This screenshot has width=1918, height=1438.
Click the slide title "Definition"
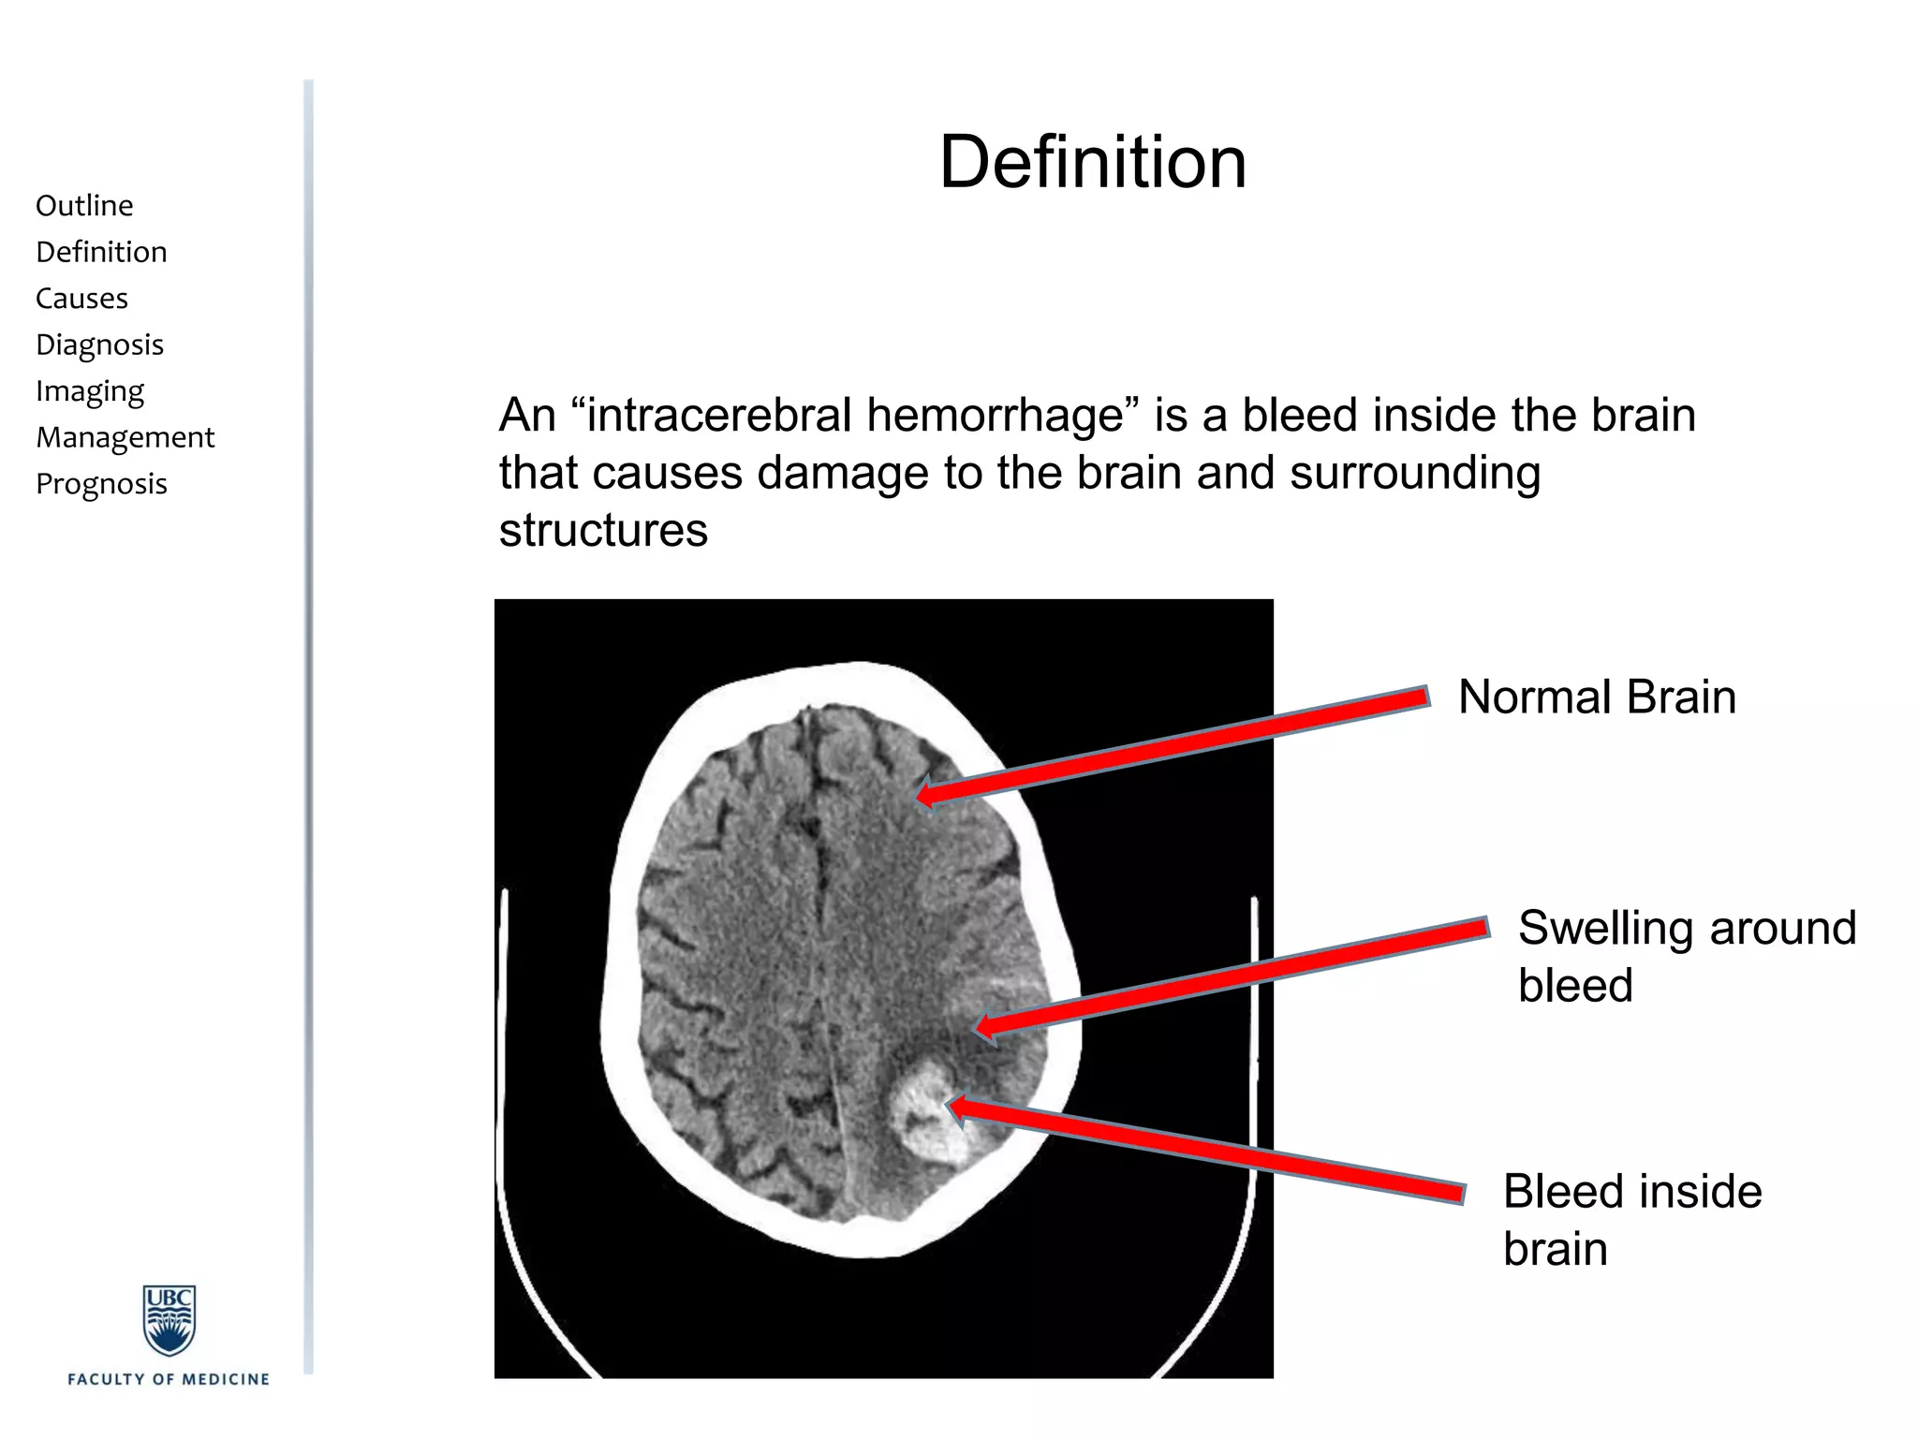click(x=1093, y=163)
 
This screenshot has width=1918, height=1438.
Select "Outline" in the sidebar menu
click(x=84, y=206)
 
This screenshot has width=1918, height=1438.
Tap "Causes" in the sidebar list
click(x=81, y=299)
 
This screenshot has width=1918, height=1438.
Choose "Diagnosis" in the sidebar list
click(x=99, y=345)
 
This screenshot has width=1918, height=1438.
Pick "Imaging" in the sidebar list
click(x=90, y=391)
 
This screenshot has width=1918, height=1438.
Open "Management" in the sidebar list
click(x=125, y=437)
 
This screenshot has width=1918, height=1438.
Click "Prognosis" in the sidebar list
click(x=101, y=484)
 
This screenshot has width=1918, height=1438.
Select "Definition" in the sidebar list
click(x=101, y=253)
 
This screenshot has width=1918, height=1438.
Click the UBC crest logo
click(x=169, y=1320)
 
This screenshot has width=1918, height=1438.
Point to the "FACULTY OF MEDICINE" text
click(x=169, y=1379)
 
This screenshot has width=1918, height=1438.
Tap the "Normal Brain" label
click(x=1597, y=697)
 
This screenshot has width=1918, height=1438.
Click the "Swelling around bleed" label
click(x=1686, y=956)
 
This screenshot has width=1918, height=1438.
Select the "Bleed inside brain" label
click(x=1632, y=1220)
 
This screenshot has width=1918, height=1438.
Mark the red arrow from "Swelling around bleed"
click(x=1232, y=978)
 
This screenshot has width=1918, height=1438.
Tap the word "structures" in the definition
click(x=603, y=531)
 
